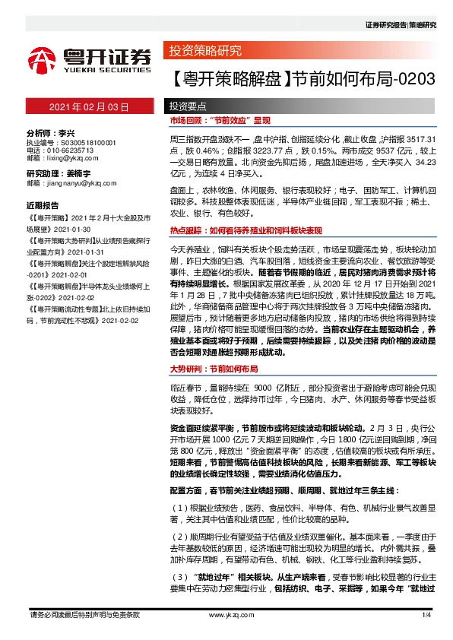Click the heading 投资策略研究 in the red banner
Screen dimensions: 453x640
[x=206, y=52]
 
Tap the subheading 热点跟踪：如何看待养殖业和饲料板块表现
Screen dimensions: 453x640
[x=246, y=229]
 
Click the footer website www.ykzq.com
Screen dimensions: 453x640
[x=228, y=614]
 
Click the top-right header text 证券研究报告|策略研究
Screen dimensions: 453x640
[x=401, y=25]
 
